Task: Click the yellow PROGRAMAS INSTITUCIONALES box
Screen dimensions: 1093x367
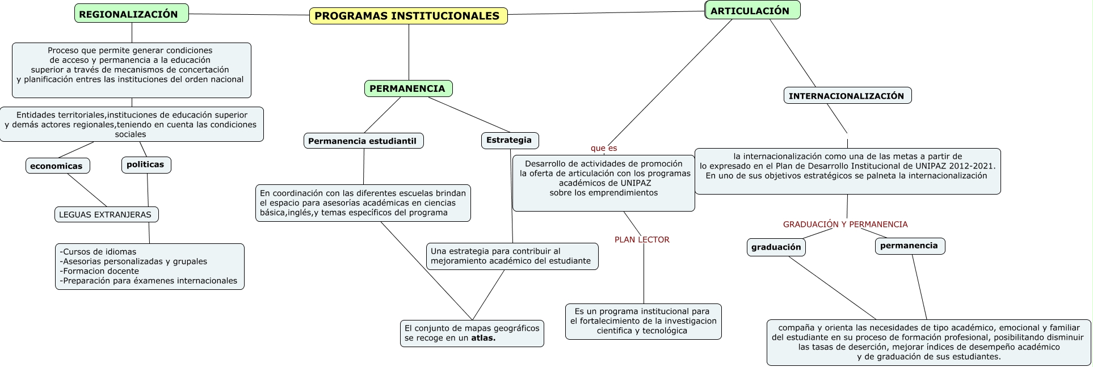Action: click(408, 16)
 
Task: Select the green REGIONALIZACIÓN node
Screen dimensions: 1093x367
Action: click(132, 14)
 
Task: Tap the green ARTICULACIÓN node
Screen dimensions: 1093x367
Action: click(753, 10)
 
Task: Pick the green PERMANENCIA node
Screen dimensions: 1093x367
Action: click(408, 88)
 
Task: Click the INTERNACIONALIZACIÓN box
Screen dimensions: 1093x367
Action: click(847, 96)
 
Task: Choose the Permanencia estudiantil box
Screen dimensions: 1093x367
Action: click(363, 141)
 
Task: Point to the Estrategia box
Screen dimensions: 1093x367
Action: click(510, 140)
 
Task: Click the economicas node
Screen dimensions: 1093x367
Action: click(57, 166)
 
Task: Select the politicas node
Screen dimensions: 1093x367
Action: click(146, 164)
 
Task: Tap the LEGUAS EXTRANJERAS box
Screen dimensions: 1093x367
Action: click(106, 214)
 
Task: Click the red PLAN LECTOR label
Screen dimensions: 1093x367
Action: click(642, 240)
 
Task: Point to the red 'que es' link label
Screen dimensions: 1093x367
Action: click(604, 148)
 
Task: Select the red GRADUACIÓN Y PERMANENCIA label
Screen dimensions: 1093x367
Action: click(846, 225)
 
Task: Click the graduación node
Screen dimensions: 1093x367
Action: click(776, 247)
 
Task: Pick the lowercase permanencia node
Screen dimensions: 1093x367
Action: click(910, 246)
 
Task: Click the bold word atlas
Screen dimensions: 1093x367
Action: click(483, 338)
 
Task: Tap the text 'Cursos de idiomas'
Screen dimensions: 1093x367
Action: click(98, 252)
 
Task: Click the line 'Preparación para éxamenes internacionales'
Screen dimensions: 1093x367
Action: click(149, 281)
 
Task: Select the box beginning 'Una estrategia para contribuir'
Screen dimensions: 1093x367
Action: click(512, 256)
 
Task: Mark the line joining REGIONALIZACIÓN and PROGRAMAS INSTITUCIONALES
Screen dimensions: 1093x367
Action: click(249, 15)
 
